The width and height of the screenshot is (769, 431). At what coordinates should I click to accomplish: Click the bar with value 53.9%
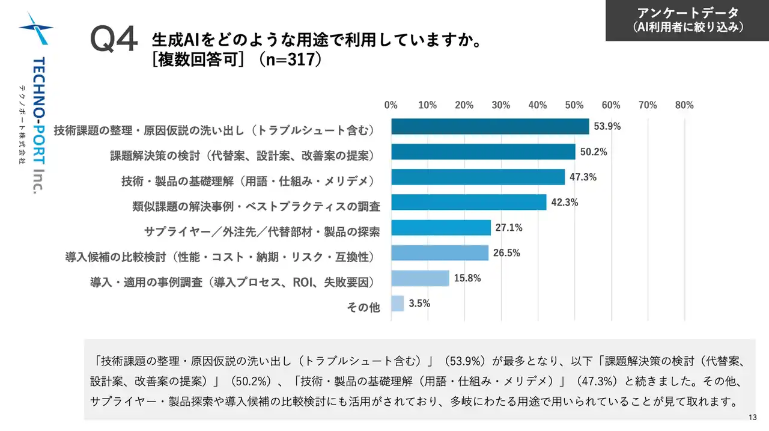[490, 127]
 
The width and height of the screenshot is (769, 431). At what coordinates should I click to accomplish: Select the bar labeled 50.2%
[483, 152]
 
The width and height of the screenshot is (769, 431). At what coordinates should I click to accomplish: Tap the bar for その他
[397, 304]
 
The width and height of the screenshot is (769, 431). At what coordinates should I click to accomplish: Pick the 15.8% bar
[420, 278]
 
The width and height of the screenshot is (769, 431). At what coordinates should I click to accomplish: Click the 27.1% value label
[508, 228]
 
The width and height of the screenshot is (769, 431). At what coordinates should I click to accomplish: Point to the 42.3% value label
[564, 203]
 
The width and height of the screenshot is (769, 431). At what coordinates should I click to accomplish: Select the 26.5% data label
[506, 253]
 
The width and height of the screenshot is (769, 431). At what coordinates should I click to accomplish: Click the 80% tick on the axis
[684, 105]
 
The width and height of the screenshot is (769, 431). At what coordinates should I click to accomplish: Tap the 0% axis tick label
[391, 105]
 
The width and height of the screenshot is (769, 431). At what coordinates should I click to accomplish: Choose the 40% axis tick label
[538, 105]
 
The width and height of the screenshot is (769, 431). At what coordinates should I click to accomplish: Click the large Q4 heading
[114, 39]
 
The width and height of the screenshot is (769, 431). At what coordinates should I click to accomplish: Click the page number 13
[753, 418]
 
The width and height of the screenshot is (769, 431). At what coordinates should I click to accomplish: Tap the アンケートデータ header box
[687, 20]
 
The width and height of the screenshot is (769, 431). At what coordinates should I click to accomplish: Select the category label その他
[363, 308]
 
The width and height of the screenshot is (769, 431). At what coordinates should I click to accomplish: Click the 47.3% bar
[478, 177]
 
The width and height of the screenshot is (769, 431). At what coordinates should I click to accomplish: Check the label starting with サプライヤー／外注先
[262, 231]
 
